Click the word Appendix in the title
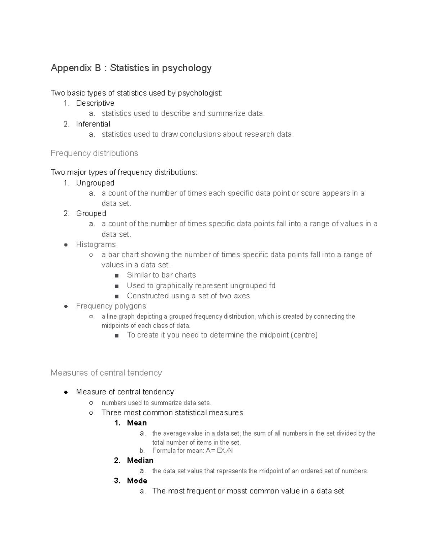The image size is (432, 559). (x=71, y=68)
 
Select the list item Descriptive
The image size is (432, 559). (x=95, y=103)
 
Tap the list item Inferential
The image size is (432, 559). (x=93, y=124)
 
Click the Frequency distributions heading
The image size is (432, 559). (x=94, y=153)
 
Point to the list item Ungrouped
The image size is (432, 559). (x=95, y=183)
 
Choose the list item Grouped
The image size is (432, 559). (x=91, y=213)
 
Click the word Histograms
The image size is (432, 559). (x=96, y=244)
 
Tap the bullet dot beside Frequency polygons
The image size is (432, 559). (x=66, y=306)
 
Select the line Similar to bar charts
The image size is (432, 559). (x=161, y=275)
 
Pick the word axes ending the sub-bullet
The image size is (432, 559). (x=242, y=296)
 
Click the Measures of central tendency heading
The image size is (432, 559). (x=106, y=373)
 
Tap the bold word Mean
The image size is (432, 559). (x=137, y=423)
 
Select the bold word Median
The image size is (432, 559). (x=140, y=460)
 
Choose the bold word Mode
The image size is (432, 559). (x=137, y=481)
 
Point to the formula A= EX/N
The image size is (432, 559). (x=219, y=451)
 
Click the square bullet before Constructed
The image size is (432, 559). (x=116, y=296)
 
